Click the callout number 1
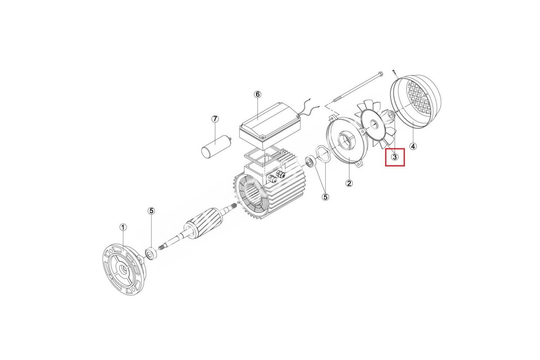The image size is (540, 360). (123, 227)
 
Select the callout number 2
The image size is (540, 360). (349, 183)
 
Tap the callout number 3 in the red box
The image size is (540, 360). (395, 157)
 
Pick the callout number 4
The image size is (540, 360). (413, 146)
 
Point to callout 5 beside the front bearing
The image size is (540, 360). (151, 211)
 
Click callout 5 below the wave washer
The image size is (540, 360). (325, 197)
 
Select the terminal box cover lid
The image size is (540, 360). (270, 126)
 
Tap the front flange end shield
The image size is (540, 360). (124, 271)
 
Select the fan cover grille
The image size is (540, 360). (415, 102)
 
